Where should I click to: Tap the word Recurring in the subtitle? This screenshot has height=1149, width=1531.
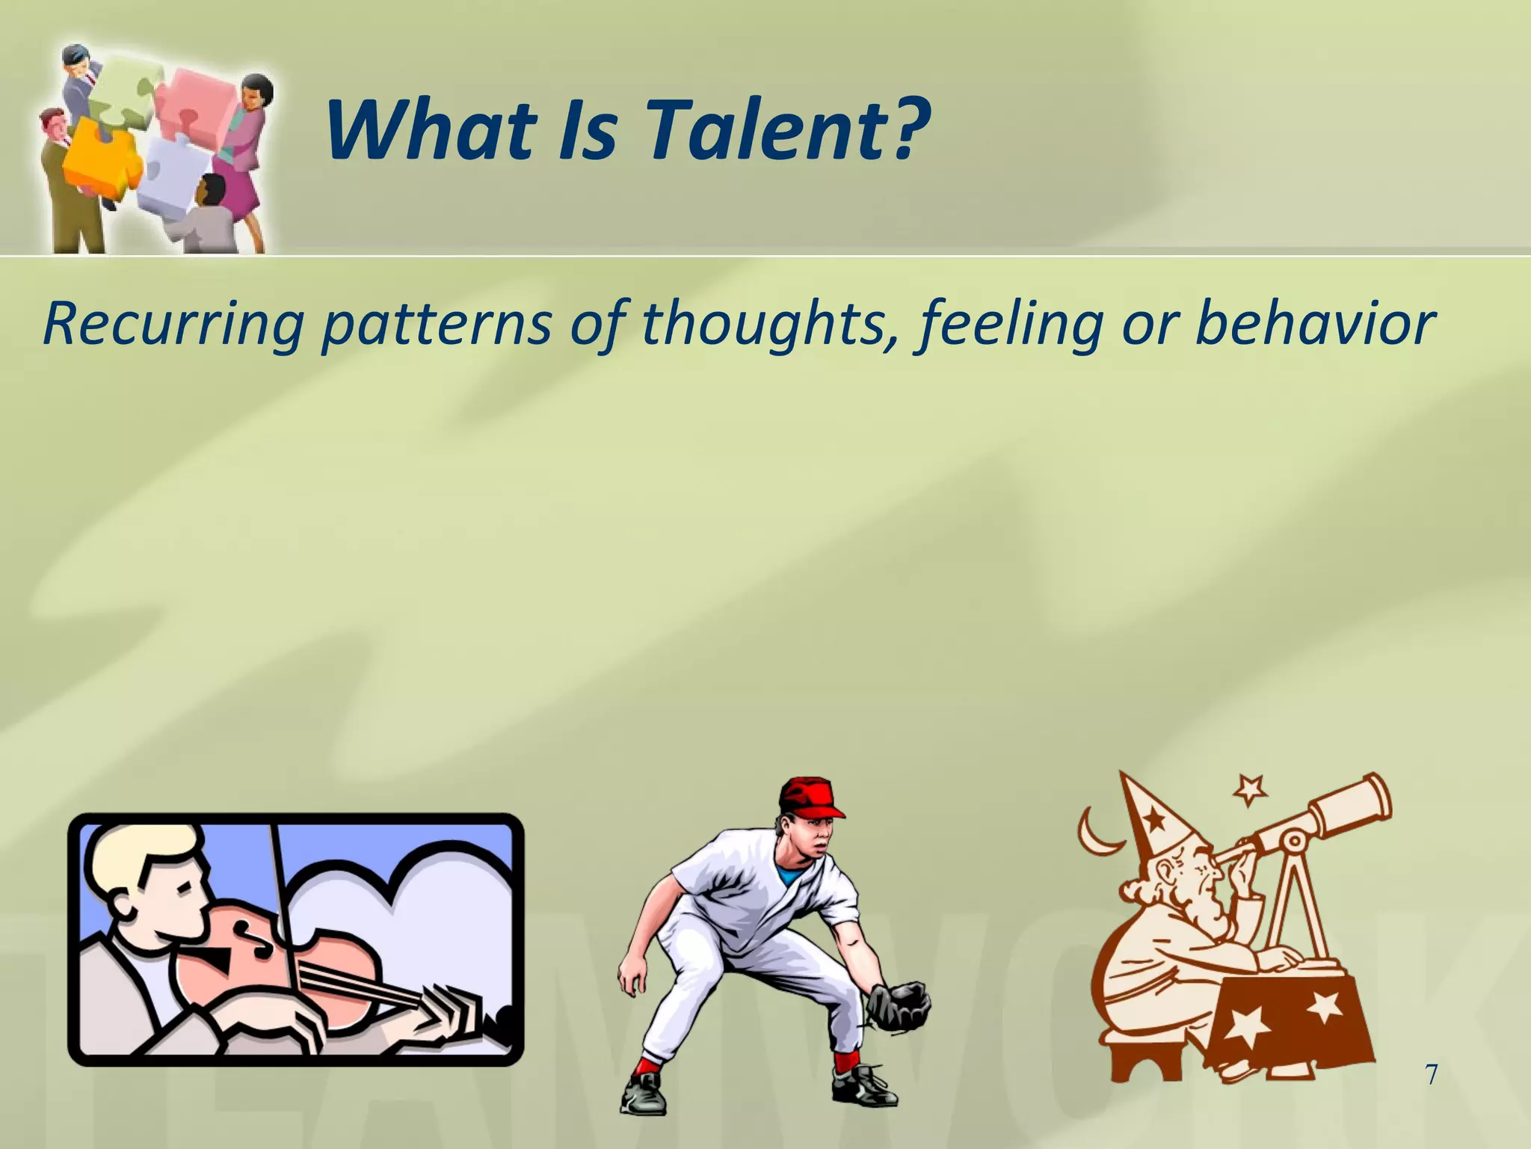pos(173,323)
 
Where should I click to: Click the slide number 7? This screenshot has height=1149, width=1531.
pos(1431,1075)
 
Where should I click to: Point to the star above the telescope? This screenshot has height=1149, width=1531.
pos(1251,789)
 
